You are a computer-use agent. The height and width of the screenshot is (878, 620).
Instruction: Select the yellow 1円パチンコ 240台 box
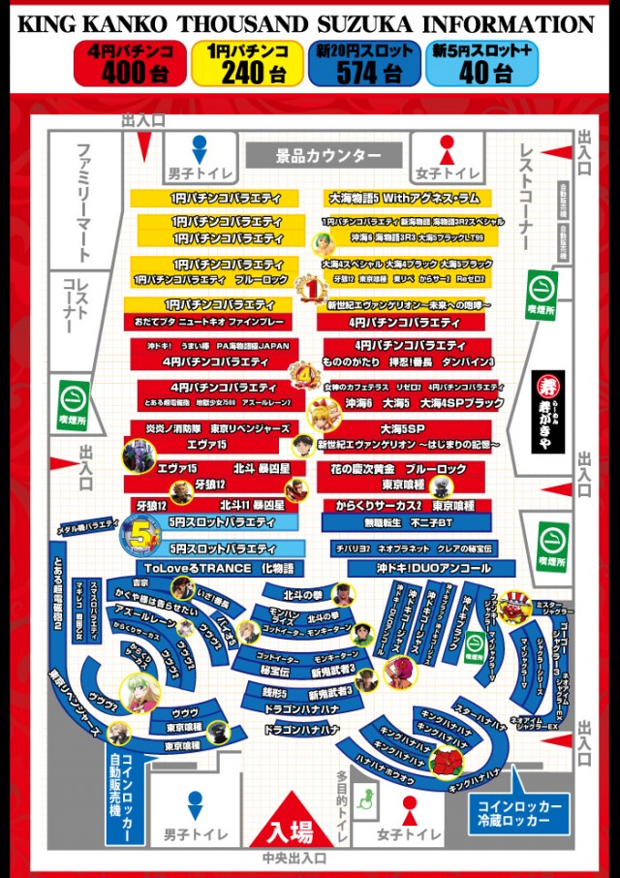click(246, 63)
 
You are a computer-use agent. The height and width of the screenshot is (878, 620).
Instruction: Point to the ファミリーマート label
click(85, 203)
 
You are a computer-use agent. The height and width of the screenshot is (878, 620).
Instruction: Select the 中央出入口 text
click(294, 858)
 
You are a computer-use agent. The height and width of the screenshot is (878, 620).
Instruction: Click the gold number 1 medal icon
click(308, 287)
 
